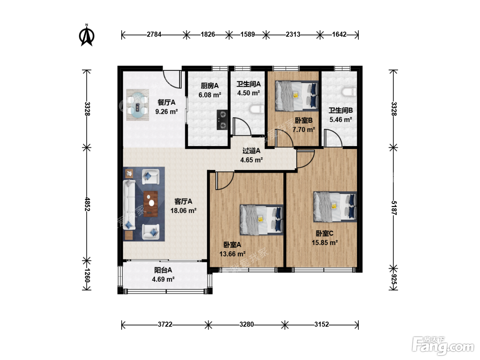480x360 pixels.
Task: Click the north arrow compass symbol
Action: [x=87, y=35]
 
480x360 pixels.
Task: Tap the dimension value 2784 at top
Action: [x=154, y=35]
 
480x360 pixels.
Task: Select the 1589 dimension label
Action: [x=248, y=35]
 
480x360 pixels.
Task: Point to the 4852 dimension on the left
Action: [x=87, y=204]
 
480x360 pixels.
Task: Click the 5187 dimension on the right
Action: [x=394, y=208]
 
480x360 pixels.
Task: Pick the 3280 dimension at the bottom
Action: [x=247, y=324]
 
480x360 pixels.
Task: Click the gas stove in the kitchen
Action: [x=223, y=120]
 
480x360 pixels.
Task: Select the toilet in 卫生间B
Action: [x=349, y=92]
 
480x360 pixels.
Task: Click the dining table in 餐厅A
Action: [x=137, y=105]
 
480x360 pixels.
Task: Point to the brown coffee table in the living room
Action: [x=151, y=204]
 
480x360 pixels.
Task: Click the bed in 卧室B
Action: [x=297, y=96]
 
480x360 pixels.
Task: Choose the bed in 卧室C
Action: [x=335, y=207]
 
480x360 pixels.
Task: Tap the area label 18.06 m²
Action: [x=183, y=211]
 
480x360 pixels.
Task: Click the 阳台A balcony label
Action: [x=163, y=270]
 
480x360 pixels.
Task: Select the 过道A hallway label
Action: [x=251, y=151]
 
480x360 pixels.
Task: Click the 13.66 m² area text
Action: [x=232, y=254]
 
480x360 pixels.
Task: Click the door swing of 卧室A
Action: [x=225, y=181]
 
